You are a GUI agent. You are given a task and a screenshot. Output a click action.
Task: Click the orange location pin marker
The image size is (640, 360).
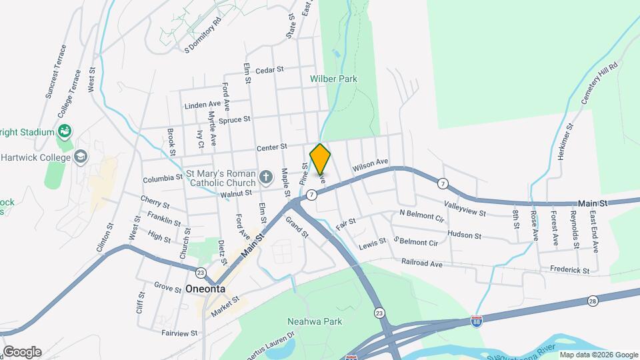[320, 159]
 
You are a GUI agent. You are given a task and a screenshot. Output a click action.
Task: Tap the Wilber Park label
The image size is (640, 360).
[333, 79]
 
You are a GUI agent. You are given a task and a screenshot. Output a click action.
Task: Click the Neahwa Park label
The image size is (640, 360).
[314, 321]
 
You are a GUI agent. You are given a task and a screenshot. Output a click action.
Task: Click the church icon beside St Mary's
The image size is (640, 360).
[266, 177]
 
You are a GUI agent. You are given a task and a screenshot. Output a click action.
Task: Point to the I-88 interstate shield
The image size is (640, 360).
[476, 321]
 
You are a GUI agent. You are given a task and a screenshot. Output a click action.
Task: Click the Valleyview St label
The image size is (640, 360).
[464, 209]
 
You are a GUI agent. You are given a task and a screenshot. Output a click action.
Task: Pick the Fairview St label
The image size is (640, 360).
[179, 332]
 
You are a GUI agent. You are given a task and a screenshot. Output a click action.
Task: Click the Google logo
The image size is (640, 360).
[22, 352]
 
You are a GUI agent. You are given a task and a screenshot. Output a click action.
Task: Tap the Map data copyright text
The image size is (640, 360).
[598, 355]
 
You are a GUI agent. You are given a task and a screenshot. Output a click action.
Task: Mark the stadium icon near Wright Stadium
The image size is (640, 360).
[65, 131]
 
